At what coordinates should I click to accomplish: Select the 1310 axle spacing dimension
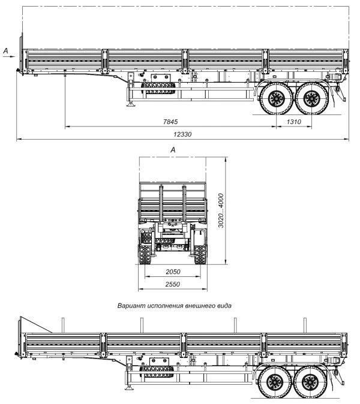pyautogui.click(x=293, y=122)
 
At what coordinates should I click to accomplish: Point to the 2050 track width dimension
pyautogui.click(x=173, y=272)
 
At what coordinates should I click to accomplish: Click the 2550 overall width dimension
pyautogui.click(x=173, y=284)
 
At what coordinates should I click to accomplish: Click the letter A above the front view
pyautogui.click(x=173, y=149)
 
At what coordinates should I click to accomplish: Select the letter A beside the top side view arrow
pyautogui.click(x=5, y=52)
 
